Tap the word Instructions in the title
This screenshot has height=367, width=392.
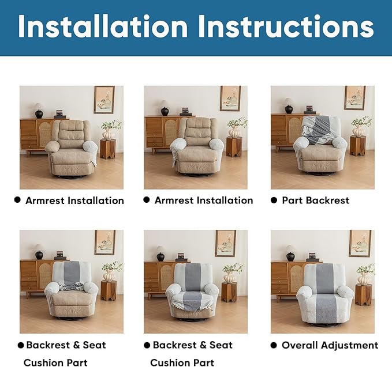click(281, 27)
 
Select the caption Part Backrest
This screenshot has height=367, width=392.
click(315, 200)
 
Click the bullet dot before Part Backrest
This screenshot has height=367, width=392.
click(274, 200)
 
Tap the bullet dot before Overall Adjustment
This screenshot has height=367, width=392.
click(274, 345)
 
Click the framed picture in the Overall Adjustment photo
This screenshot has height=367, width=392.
click(360, 243)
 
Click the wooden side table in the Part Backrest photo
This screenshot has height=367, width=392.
click(358, 146)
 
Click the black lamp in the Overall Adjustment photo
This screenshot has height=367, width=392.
click(290, 253)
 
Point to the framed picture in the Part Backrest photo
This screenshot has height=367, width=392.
click(354, 98)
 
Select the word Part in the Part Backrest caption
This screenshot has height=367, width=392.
click(293, 200)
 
